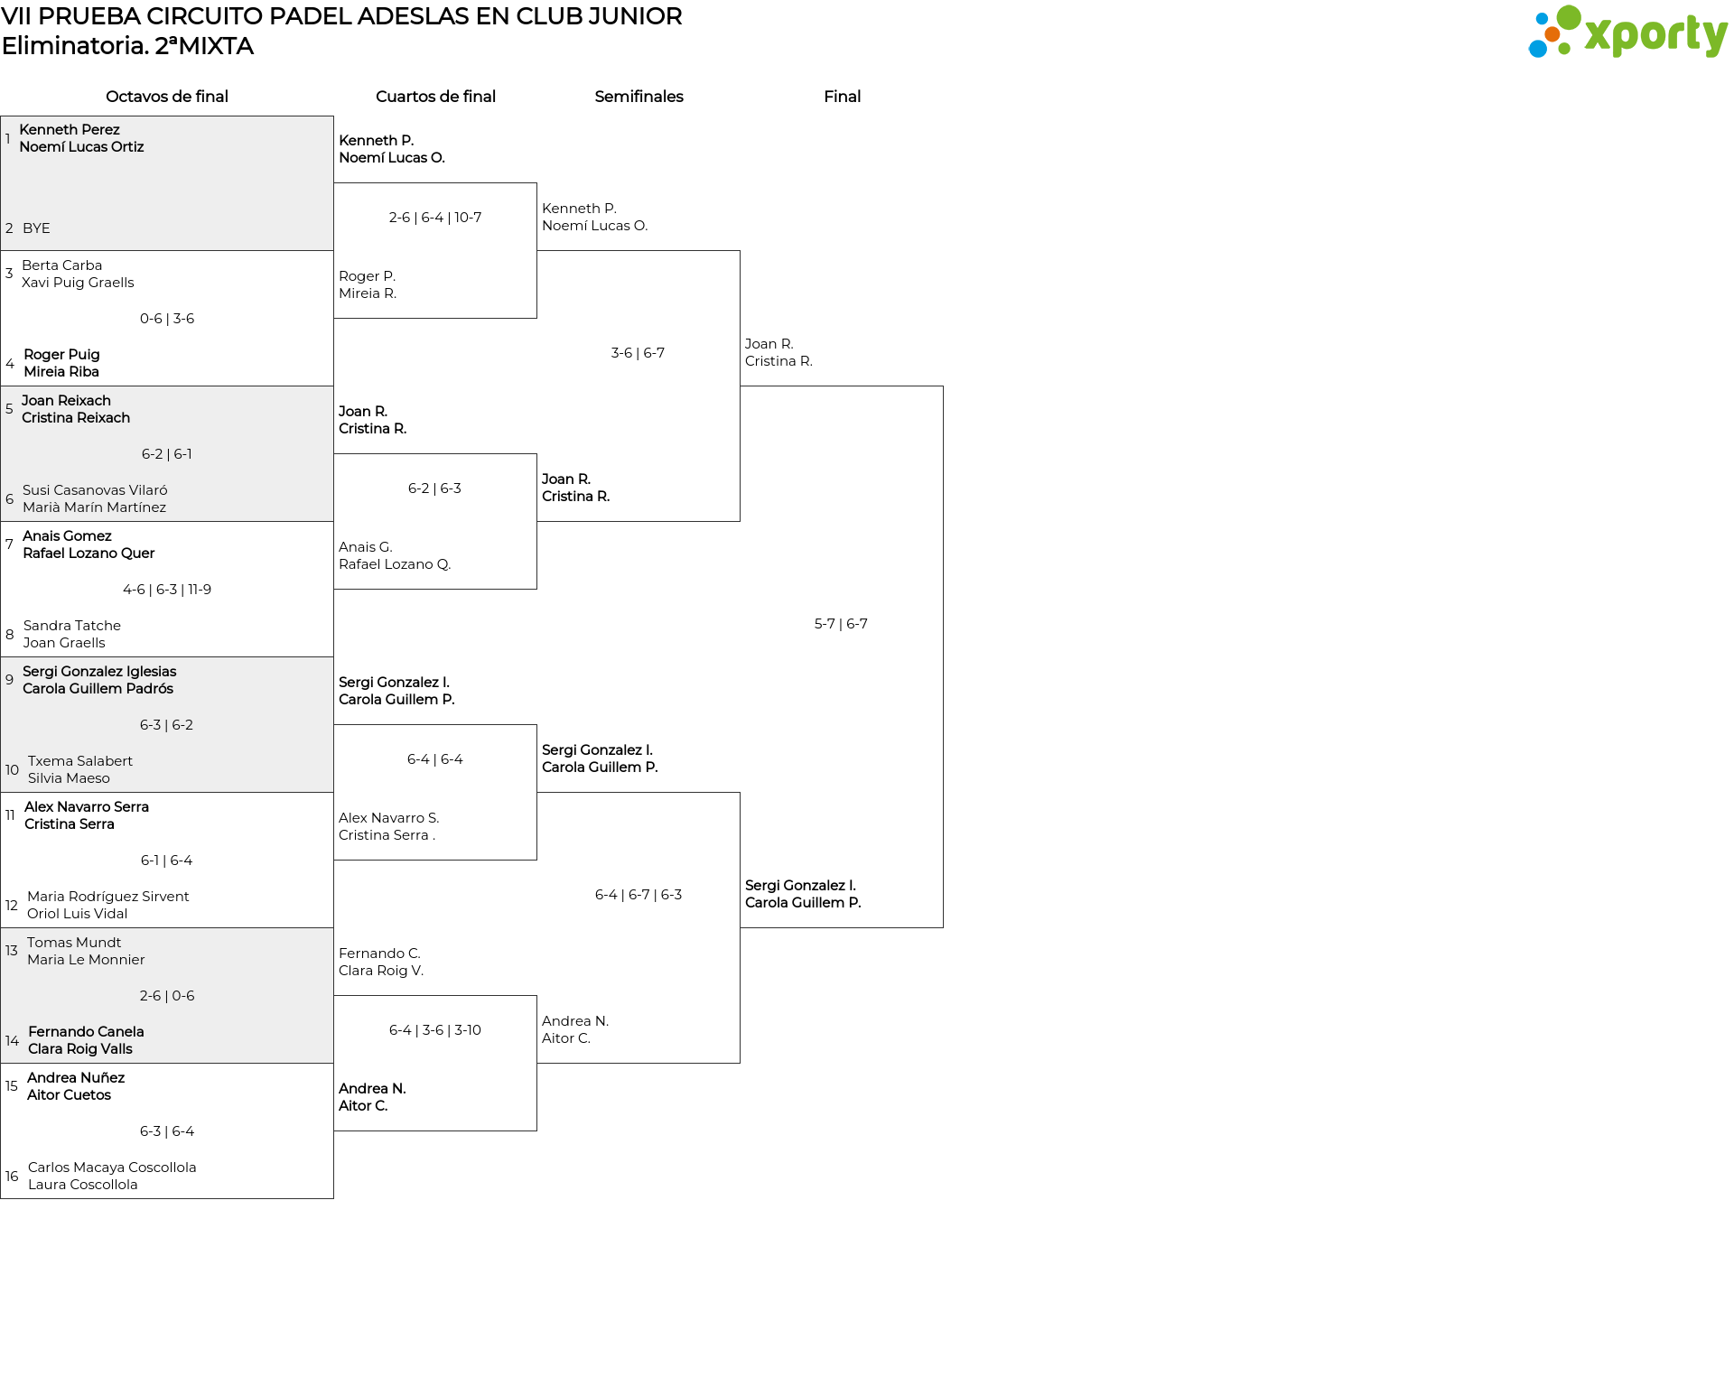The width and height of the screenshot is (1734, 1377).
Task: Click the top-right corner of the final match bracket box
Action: [943, 386]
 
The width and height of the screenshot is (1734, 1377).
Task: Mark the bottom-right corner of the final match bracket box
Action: [943, 927]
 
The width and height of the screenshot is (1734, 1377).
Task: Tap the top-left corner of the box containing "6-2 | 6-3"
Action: [334, 454]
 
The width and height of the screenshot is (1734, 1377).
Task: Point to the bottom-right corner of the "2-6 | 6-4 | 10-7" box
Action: [536, 318]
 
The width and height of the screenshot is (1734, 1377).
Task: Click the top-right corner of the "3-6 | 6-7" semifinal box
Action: [740, 251]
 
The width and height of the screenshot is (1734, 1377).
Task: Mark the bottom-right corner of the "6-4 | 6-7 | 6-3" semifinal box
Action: [740, 1063]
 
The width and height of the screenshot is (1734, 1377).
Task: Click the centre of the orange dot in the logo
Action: [1552, 34]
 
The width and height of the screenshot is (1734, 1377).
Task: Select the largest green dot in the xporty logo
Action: [1569, 18]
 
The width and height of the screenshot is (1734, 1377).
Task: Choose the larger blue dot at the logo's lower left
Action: [1537, 48]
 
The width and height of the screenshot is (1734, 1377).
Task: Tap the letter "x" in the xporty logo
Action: [1598, 36]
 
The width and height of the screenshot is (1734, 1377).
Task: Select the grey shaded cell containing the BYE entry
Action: [167, 183]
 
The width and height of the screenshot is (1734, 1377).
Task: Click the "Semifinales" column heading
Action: [639, 97]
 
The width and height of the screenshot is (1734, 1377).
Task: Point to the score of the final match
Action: [841, 624]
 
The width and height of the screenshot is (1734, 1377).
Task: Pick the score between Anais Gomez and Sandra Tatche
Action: [167, 590]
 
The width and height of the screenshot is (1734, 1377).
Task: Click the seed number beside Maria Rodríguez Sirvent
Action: [12, 905]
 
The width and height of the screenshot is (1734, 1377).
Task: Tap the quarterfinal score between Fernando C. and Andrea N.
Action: [435, 1030]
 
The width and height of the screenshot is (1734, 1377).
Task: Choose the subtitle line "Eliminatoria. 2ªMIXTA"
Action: [127, 46]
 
